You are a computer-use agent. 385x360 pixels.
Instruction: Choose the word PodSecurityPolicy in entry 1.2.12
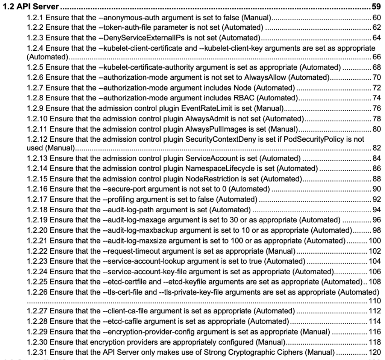click(306, 139)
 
